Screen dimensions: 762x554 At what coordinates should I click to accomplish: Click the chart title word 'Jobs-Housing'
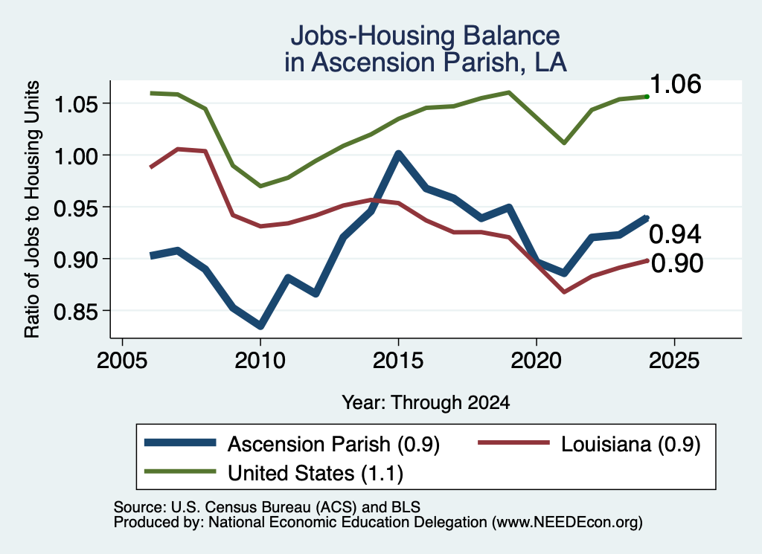click(x=374, y=36)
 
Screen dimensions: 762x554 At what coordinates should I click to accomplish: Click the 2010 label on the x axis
click(x=260, y=360)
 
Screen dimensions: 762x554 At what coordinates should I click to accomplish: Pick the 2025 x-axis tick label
click(x=674, y=360)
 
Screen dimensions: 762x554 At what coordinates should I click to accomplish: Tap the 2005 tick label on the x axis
click(x=122, y=360)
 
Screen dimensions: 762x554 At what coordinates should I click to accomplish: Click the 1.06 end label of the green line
click(x=676, y=84)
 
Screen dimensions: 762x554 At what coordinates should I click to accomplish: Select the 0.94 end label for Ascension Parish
click(x=676, y=234)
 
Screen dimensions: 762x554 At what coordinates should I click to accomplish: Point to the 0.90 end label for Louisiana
click(x=677, y=263)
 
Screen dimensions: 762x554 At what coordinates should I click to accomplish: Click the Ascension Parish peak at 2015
click(x=399, y=155)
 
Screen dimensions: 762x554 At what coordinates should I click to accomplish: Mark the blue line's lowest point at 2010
click(x=260, y=326)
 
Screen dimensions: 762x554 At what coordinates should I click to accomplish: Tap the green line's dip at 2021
click(x=564, y=143)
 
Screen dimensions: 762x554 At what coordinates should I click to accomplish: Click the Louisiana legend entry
click(x=589, y=444)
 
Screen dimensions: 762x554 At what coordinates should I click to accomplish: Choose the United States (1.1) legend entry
click(x=274, y=473)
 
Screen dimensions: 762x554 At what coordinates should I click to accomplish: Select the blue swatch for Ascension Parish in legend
click(x=180, y=442)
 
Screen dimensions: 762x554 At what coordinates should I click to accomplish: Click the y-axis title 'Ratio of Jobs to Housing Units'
click(x=32, y=209)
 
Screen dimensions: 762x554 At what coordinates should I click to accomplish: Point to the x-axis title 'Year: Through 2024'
click(x=426, y=402)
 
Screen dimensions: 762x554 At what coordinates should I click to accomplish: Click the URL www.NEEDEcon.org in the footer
click(x=567, y=523)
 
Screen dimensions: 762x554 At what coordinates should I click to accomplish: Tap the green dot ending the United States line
click(x=647, y=97)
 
